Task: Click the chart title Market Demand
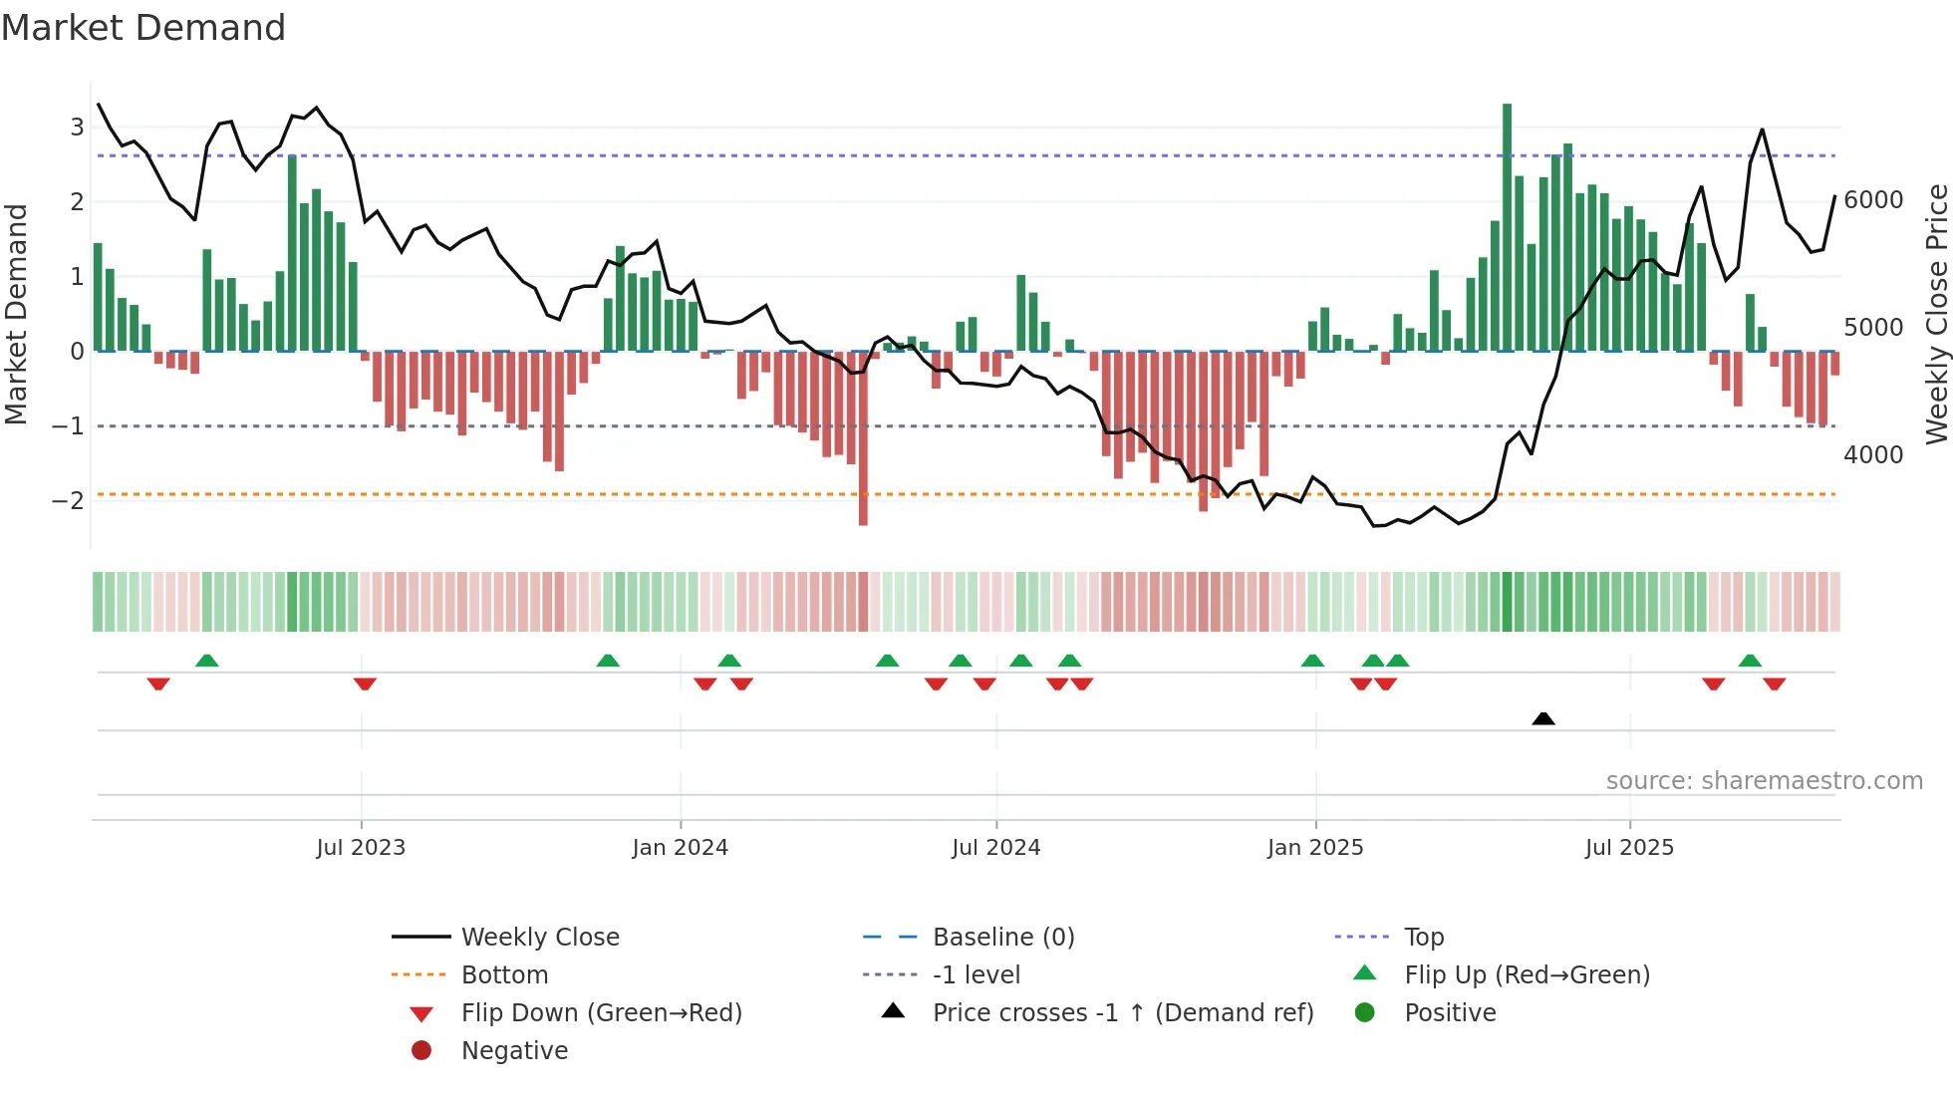coord(143,28)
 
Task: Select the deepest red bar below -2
coord(863,438)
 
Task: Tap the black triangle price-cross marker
coord(1543,718)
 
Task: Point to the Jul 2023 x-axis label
coord(361,848)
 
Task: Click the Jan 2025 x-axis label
coord(1315,848)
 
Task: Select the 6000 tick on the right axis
coord(1873,200)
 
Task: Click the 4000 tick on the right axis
coord(1873,455)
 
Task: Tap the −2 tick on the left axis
coord(68,500)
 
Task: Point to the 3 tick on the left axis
coord(77,127)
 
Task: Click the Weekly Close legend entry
coord(539,938)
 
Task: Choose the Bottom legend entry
coord(504,975)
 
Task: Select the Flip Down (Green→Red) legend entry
coord(601,1013)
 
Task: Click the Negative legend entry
coord(514,1051)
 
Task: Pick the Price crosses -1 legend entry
coord(1122,1013)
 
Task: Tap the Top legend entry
coord(1424,938)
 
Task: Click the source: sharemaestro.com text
coord(1764,781)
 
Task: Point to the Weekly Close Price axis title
coord(1936,314)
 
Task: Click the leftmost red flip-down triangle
coord(158,684)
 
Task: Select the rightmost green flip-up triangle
coord(1750,660)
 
